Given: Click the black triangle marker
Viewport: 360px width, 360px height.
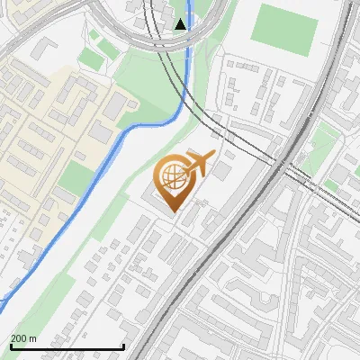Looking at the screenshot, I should pos(182,23).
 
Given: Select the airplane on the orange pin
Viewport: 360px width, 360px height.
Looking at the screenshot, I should pos(200,163).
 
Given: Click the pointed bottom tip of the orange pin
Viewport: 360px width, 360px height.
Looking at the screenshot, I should pos(171,211).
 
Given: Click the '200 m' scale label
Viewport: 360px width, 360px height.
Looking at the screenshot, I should pos(23,338).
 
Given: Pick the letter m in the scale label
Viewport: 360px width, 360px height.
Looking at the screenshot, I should pos(32,338).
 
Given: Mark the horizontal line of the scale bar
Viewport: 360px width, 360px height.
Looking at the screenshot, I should pos(67,346).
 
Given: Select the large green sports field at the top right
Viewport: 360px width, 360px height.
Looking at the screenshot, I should pos(283,26).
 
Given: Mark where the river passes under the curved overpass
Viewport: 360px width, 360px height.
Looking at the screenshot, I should pos(187,45).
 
